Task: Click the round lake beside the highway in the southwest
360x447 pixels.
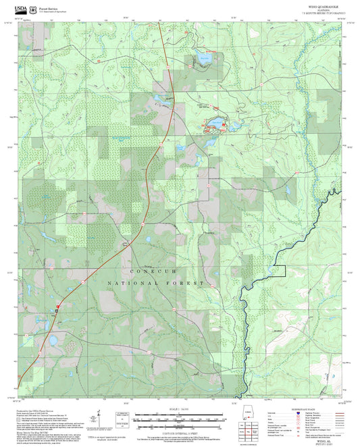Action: coord(51,340)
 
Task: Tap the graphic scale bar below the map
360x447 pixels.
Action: coord(180,416)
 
